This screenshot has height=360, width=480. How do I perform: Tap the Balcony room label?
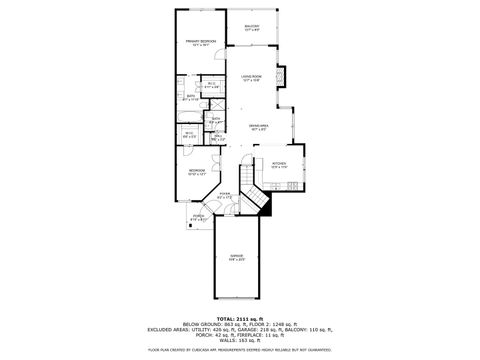click(x=252, y=28)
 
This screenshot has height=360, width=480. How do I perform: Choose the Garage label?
click(x=236, y=257)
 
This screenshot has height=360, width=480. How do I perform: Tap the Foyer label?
click(x=225, y=195)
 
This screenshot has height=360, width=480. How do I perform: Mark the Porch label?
click(x=198, y=217)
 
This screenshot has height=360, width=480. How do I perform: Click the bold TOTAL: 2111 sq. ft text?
click(x=239, y=319)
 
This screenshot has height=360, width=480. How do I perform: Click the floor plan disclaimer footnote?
click(x=239, y=350)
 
